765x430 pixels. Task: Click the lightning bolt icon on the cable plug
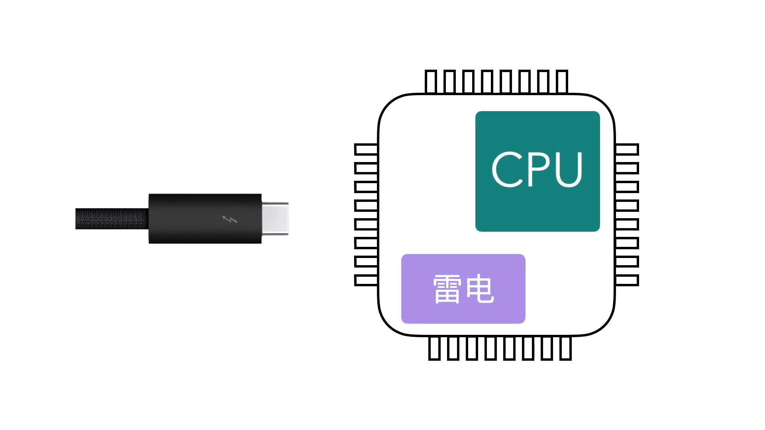coord(229,219)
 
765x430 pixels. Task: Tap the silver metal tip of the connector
coord(275,219)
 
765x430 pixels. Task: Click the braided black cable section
coord(112,219)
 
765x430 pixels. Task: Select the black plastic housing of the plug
coord(191,219)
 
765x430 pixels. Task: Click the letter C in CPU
coord(507,169)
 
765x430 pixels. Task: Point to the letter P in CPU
coord(538,169)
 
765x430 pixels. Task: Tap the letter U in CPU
coord(568,169)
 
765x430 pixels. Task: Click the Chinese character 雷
coord(447,289)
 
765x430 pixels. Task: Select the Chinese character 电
coord(480,289)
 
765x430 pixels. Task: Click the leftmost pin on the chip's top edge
coord(431,82)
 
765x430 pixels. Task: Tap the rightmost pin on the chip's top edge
coord(562,82)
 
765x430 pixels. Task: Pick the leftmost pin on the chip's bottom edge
coord(434,348)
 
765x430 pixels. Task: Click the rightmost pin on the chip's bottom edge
coord(566,348)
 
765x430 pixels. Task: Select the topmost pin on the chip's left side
coord(366,149)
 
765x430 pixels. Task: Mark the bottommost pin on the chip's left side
coord(366,280)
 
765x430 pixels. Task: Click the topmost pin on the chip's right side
coord(627,149)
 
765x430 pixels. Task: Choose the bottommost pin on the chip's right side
coord(627,280)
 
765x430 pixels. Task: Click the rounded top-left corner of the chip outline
coord(388,104)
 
